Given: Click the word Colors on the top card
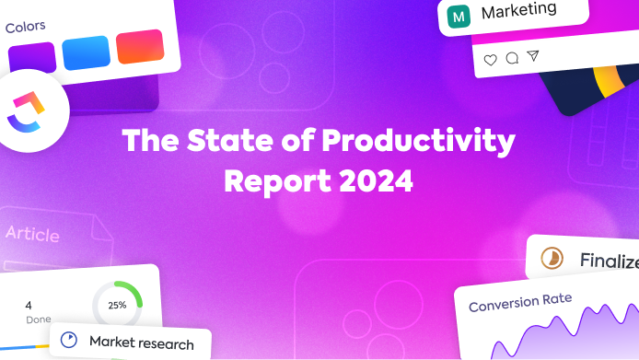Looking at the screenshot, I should coord(26,27).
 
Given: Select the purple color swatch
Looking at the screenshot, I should coord(32,57).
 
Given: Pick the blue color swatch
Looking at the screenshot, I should coord(86,52).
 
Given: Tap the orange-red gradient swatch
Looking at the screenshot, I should coord(139,47).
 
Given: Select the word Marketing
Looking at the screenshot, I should coord(518,11).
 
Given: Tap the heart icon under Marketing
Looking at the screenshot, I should coord(490,59).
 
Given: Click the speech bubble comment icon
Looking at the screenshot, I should coord(512,58).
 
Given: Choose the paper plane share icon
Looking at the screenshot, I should coord(533,56).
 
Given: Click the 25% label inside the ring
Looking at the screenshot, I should coord(117,305).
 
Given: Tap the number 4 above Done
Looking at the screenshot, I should coord(29,305).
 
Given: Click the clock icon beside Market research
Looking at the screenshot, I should coord(68,340).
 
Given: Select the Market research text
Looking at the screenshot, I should coord(141,343).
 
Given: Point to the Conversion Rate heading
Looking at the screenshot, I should coord(519,302).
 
